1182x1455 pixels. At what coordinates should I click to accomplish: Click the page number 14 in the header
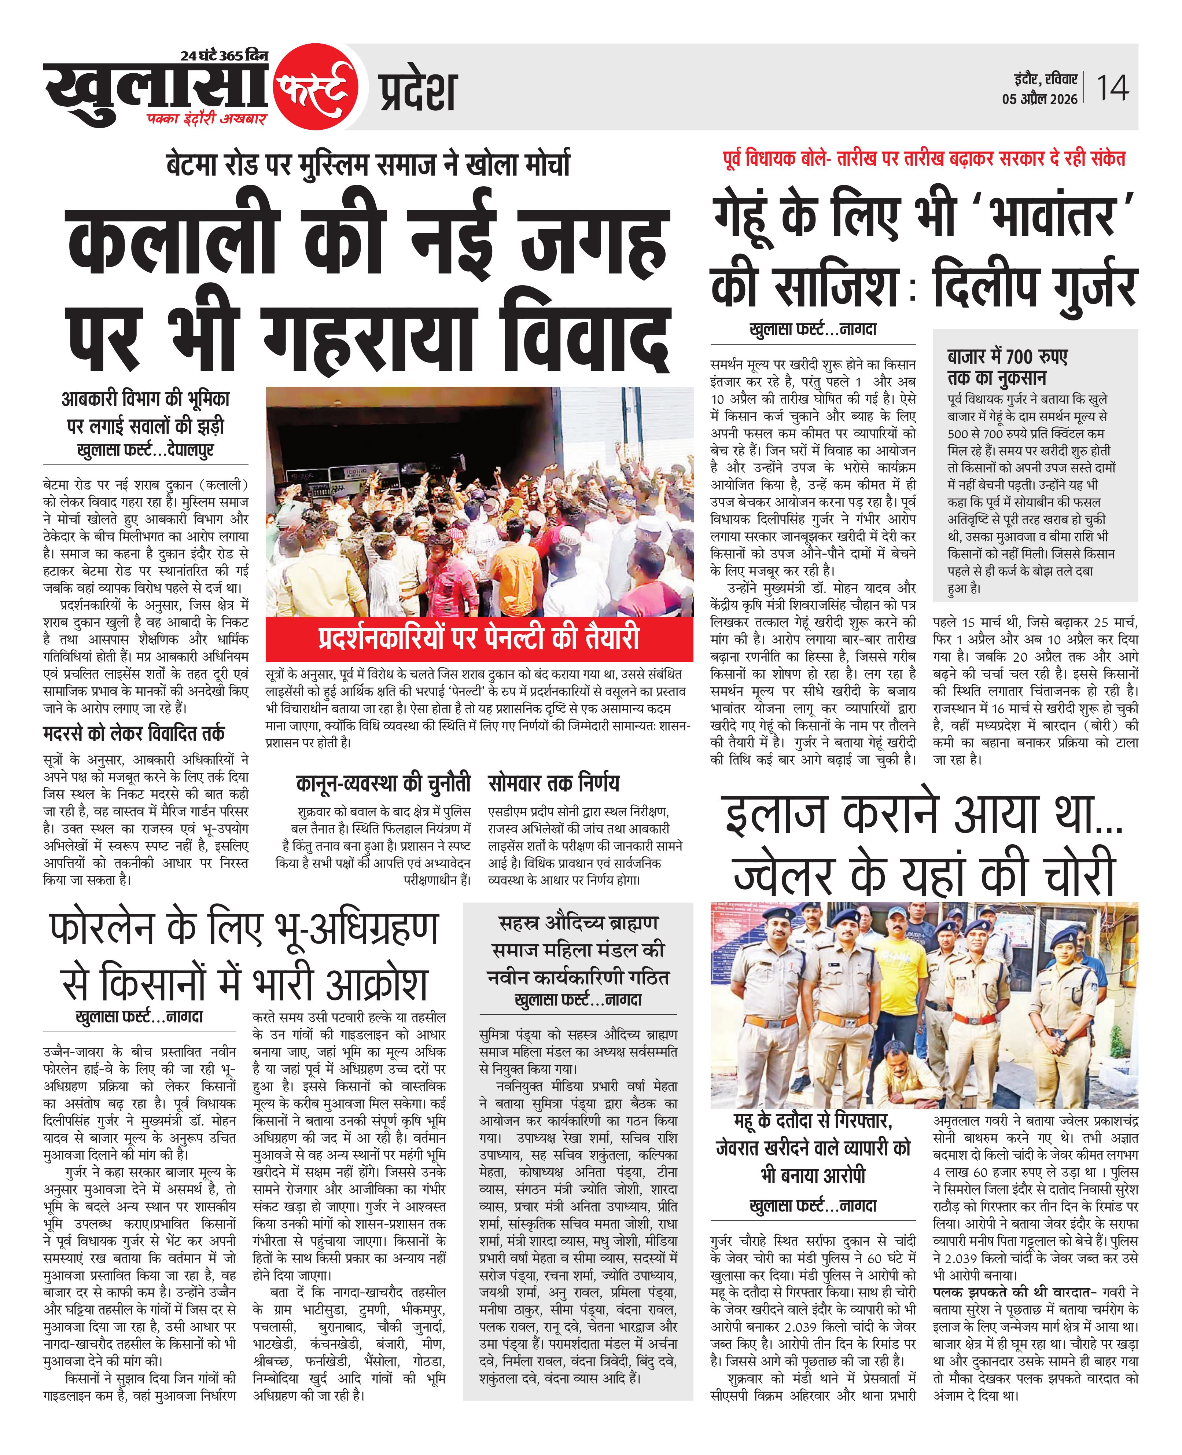tap(1112, 88)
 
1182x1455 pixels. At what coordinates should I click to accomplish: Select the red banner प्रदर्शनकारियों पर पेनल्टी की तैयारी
tap(479, 638)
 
